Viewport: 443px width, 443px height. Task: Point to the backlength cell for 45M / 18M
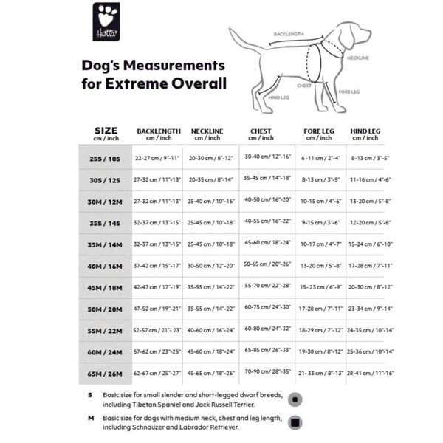pos(157,288)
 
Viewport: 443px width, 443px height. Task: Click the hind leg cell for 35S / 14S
pos(365,222)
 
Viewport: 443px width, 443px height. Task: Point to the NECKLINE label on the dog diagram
pos(359,57)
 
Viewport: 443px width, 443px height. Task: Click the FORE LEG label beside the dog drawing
pos(349,92)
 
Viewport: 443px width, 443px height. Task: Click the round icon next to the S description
pos(295,399)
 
